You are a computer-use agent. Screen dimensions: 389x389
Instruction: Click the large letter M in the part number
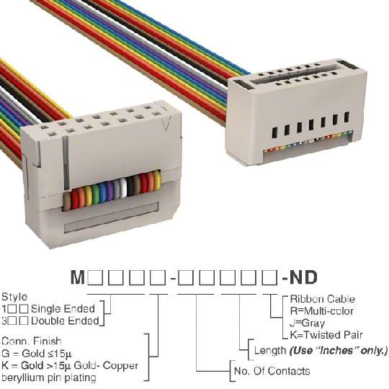coord(78,277)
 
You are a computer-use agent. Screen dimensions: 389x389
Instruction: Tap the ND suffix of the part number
coord(303,277)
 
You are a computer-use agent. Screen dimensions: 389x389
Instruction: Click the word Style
coord(14,297)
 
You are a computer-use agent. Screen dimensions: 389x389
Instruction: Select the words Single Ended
coord(63,309)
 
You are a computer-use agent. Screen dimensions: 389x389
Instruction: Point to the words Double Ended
coord(65,321)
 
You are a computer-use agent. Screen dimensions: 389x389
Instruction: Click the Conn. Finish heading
coord(31,341)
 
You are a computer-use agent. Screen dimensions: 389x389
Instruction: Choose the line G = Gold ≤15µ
coord(37,353)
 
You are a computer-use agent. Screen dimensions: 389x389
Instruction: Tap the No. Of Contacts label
coord(272,371)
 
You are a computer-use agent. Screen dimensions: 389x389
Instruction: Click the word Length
coord(270,351)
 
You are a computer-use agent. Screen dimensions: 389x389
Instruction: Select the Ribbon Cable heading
coord(322,299)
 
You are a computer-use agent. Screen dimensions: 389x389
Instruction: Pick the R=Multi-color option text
coord(322,311)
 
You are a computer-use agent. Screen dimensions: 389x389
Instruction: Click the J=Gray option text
coord(307,323)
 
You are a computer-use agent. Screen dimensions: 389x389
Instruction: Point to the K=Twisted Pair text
coord(326,335)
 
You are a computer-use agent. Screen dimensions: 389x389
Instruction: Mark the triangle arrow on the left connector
coord(166,124)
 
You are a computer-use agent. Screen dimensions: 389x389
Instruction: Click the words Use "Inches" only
coord(339,351)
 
